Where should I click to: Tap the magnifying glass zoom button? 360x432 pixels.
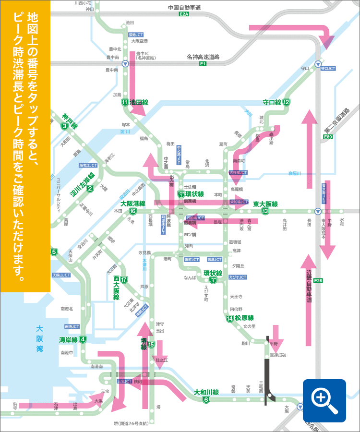point(324,400)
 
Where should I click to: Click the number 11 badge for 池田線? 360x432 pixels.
point(124,102)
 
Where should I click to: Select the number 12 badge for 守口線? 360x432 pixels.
point(286,102)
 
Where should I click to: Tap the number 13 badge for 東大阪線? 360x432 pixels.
point(265,211)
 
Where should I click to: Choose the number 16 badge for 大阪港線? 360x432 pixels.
point(132,211)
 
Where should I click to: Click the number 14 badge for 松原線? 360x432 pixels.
point(230,318)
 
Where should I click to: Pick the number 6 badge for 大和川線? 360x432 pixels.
point(206,400)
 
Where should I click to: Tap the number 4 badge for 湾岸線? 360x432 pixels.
point(83,340)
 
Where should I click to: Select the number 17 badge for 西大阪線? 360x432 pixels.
point(124,280)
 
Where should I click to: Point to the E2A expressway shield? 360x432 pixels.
point(184,15)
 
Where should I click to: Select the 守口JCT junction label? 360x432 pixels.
point(328,69)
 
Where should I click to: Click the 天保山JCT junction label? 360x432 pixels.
point(61,275)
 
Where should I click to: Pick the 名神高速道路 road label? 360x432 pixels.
point(203,57)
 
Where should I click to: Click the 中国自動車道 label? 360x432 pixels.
point(184,8)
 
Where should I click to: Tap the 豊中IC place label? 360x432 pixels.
point(144,54)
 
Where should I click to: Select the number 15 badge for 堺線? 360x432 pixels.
point(151,344)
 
